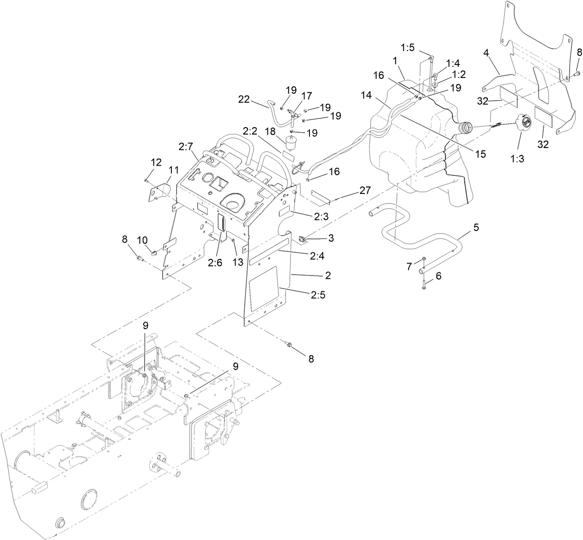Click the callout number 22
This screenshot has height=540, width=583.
coord(244,99)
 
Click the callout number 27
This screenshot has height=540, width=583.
coord(365,191)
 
